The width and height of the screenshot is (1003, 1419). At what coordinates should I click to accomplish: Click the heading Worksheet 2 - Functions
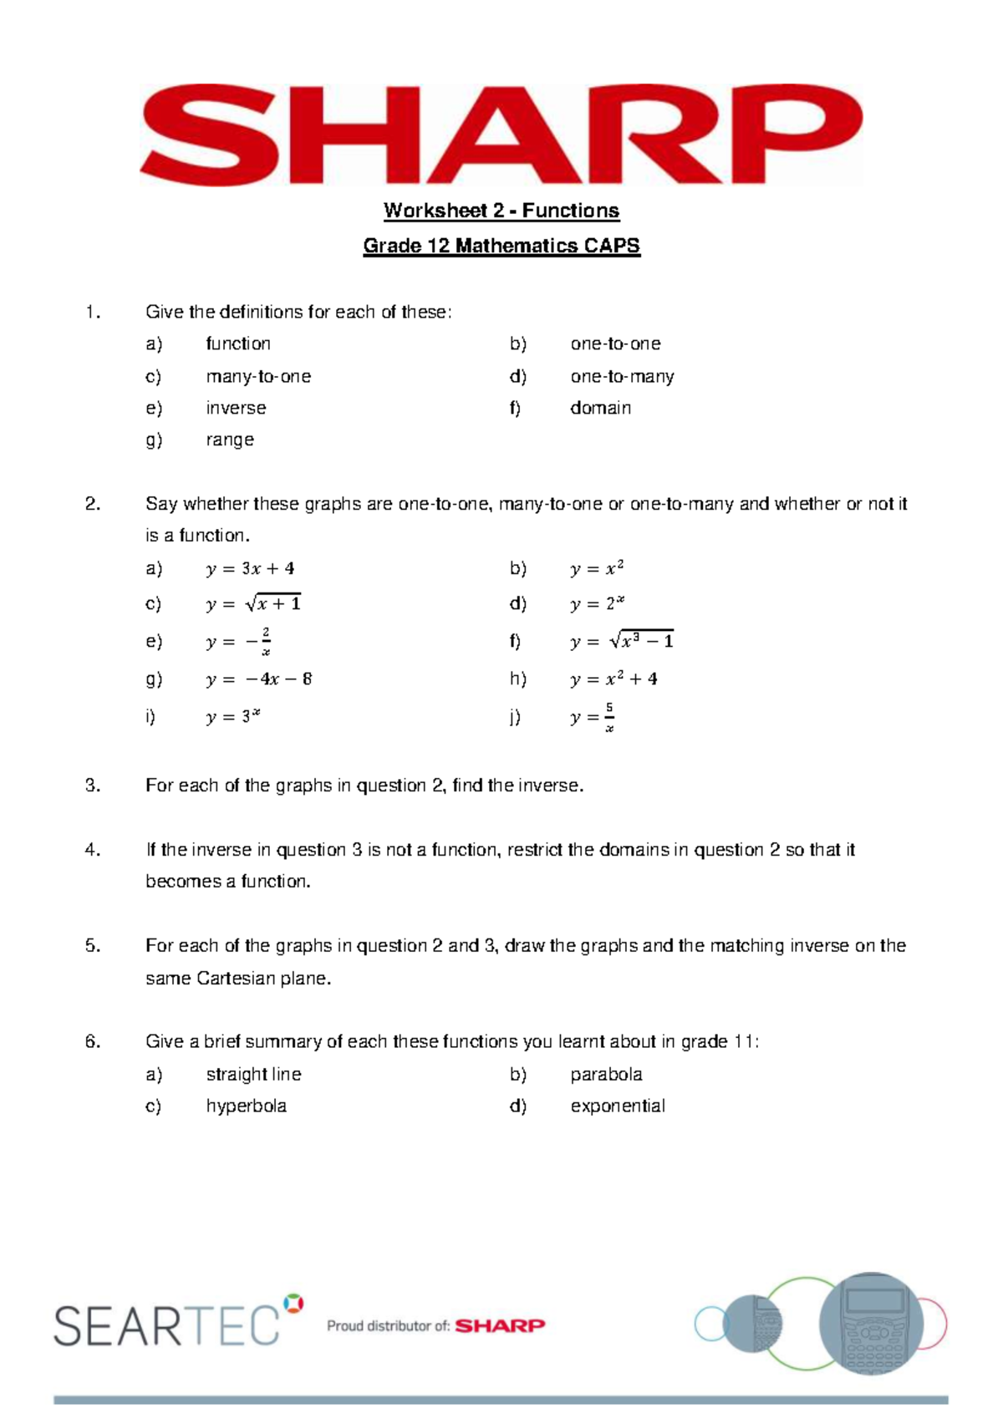point(501,211)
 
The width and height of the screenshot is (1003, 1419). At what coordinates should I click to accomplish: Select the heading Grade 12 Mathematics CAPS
point(501,246)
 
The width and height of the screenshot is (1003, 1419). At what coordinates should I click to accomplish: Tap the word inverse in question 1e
point(236,408)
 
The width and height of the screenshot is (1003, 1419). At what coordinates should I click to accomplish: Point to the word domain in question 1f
point(600,408)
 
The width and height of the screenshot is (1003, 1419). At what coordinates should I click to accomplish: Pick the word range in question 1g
point(230,440)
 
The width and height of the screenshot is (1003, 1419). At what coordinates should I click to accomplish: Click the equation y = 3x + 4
point(250,569)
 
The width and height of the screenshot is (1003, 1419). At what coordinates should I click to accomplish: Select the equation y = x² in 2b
point(597,569)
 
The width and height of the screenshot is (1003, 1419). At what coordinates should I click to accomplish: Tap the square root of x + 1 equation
point(253,603)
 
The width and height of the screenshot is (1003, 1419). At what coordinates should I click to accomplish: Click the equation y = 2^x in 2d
point(598,603)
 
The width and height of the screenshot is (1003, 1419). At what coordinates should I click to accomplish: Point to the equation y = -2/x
point(239,642)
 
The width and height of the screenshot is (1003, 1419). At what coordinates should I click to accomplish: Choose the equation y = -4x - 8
point(259,679)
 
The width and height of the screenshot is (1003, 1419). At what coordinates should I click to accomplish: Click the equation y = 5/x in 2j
point(593,717)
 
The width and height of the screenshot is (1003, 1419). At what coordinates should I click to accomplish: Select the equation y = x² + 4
point(614,679)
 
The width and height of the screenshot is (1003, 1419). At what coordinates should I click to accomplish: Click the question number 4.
point(92,850)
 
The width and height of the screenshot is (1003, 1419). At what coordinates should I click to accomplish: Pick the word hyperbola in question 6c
point(246,1106)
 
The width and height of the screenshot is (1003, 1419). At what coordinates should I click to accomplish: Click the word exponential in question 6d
point(618,1106)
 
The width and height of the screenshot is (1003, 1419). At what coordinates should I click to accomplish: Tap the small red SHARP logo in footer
point(500,1325)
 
